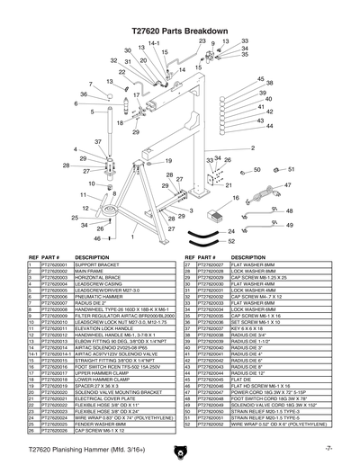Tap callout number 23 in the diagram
tap(202, 41)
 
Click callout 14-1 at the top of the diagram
tap(154, 43)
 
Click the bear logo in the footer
tap(179, 450)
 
